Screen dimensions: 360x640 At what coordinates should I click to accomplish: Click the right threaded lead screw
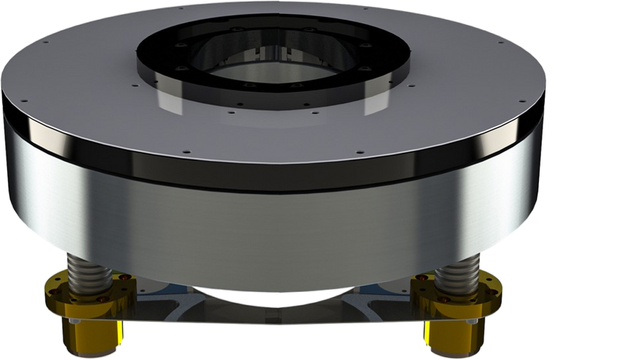point(455,275)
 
